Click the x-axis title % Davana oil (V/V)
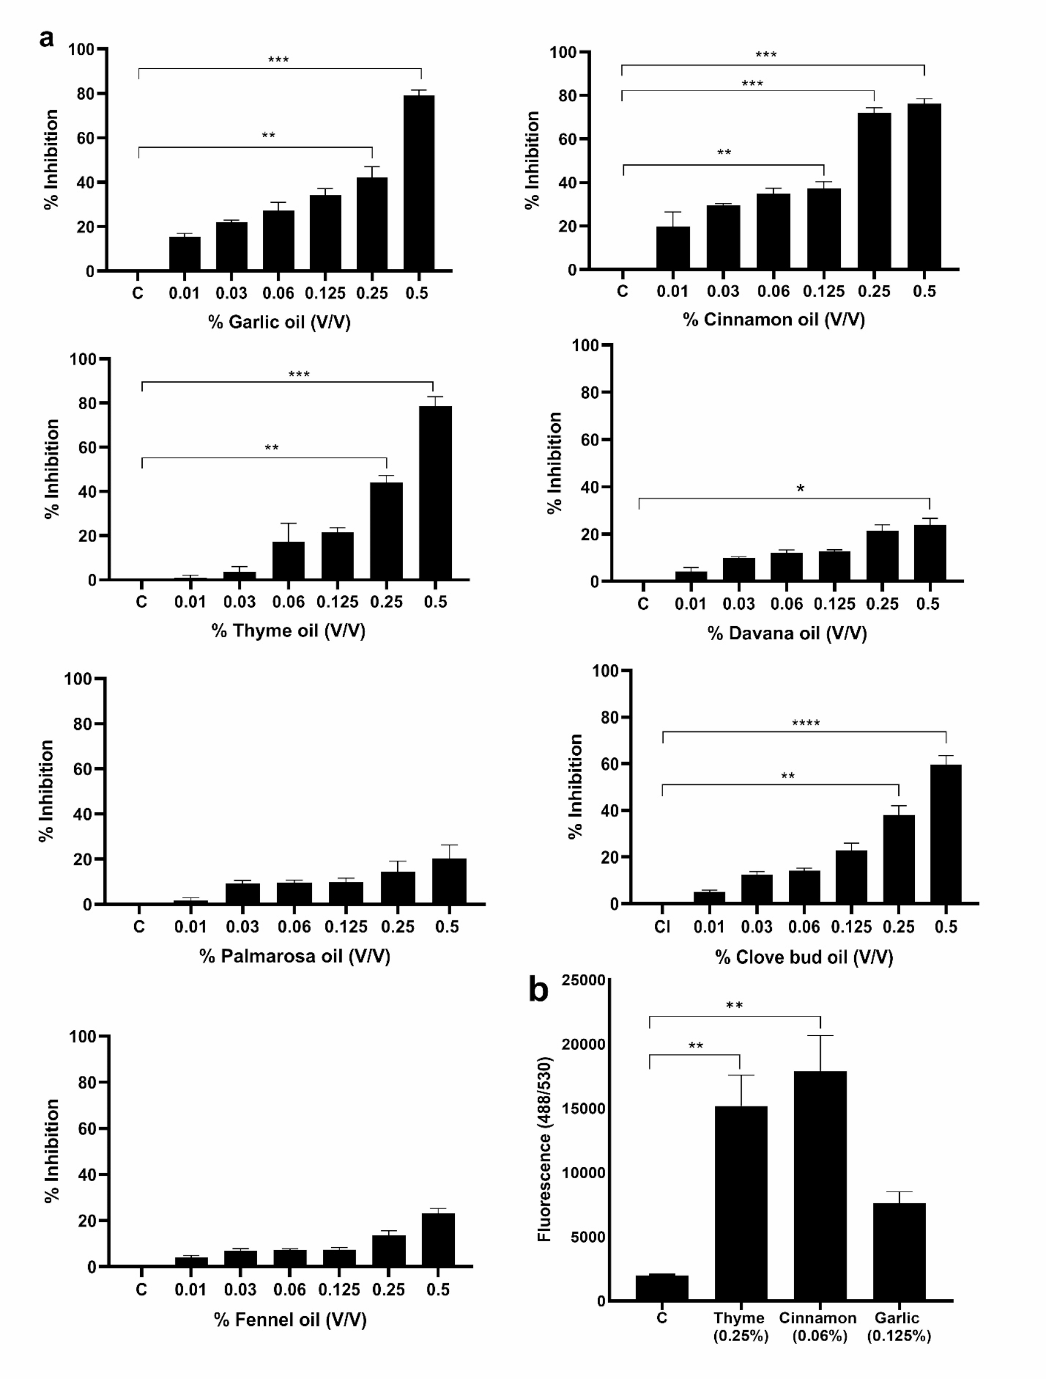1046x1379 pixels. point(787,633)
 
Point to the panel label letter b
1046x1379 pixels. point(538,989)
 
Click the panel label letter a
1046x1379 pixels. point(46,39)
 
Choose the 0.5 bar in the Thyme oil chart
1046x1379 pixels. point(435,493)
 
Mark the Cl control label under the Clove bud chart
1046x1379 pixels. point(662,927)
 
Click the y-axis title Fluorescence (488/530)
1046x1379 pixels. point(544,1148)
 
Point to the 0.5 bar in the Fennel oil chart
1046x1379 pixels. point(437,1240)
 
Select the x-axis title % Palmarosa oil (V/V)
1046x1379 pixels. point(294,956)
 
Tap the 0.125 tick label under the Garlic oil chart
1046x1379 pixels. point(325,293)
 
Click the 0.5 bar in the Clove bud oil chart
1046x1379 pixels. point(945,833)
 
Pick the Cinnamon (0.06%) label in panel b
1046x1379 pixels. point(817,1326)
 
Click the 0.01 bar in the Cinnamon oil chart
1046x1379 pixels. point(672,247)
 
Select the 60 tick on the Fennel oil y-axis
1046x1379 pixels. point(87,1129)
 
